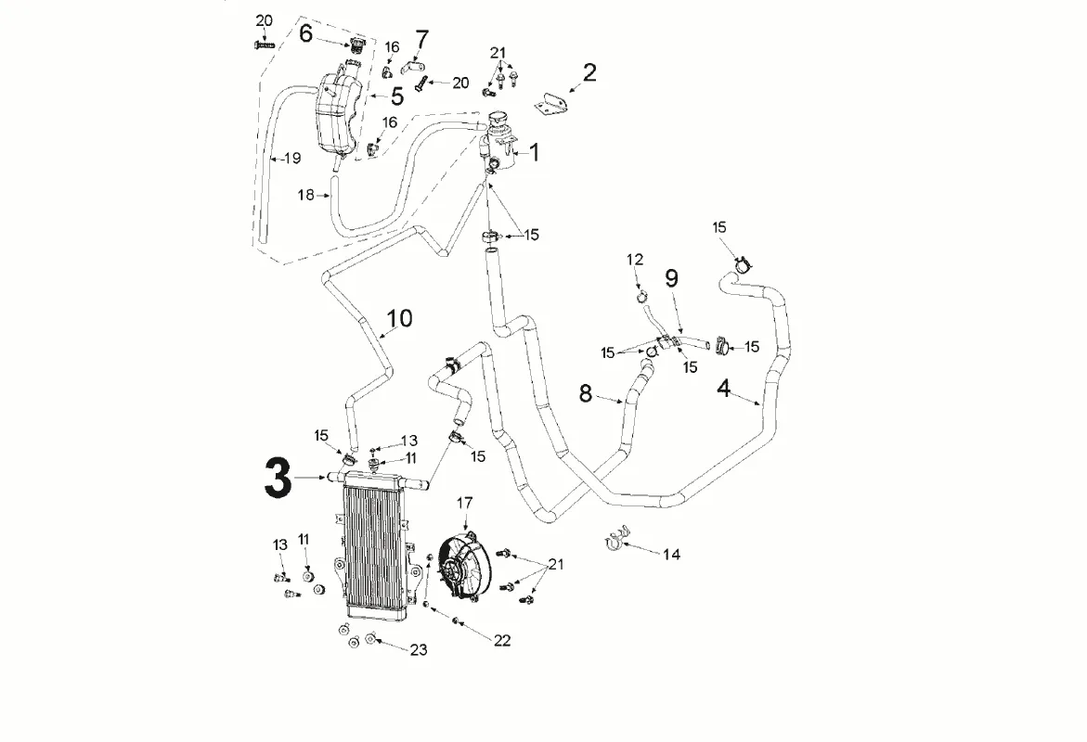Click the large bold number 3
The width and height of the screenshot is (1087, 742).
278,478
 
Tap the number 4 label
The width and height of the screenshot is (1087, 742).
724,388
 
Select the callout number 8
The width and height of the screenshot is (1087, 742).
585,393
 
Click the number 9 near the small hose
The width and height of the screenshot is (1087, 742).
671,277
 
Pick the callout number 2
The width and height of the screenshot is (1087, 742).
589,72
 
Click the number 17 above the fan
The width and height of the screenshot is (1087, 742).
464,503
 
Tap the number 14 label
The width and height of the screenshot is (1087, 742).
671,555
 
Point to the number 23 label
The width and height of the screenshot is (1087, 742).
418,650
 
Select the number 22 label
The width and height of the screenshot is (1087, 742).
502,640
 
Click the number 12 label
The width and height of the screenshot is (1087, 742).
635,260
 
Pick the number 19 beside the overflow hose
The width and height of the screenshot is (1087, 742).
292,159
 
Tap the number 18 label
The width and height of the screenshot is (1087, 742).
307,195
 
